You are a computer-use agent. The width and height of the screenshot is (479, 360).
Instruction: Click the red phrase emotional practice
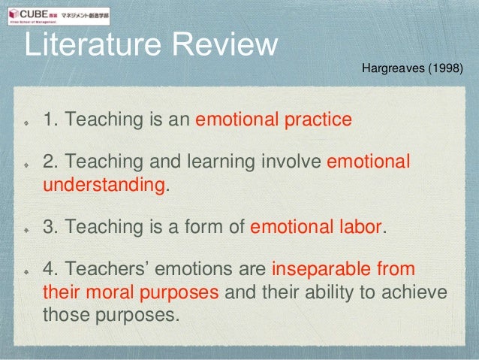tap(274, 119)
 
